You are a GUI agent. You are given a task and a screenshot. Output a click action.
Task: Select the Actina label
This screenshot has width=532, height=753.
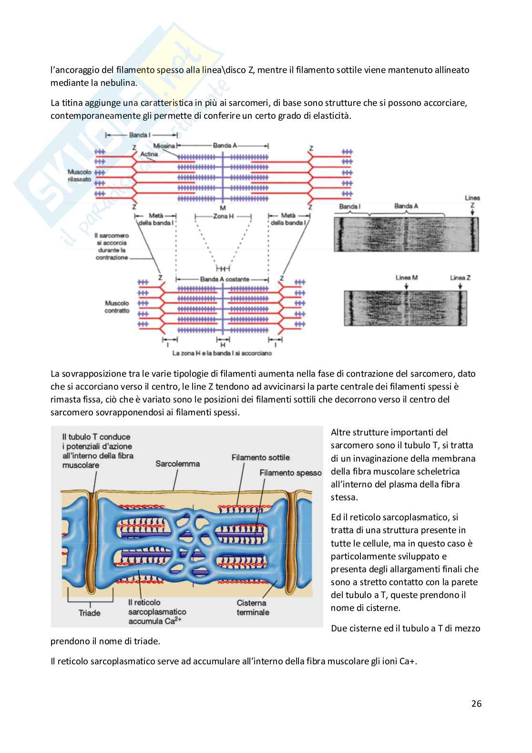tap(150, 154)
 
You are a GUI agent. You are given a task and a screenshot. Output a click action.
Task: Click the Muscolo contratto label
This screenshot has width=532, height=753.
tap(117, 307)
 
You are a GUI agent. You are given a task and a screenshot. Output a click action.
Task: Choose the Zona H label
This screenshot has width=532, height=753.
tap(223, 216)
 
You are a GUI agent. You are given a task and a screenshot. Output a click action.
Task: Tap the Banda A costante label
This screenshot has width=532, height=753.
tap(224, 279)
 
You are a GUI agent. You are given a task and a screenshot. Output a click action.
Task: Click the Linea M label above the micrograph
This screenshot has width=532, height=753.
tap(406, 278)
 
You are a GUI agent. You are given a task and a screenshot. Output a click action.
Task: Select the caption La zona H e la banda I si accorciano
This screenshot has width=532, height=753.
tap(222, 354)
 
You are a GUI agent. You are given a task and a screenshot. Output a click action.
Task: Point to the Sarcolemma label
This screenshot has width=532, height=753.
tap(178, 464)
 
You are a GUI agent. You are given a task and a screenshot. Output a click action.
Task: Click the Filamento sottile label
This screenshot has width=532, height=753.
tap(261, 457)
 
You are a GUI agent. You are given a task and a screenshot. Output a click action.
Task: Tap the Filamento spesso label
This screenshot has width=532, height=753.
tap(291, 473)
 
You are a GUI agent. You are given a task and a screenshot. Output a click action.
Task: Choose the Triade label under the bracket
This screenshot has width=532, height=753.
tap(89, 613)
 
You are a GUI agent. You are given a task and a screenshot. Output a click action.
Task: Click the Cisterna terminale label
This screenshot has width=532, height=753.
tap(253, 607)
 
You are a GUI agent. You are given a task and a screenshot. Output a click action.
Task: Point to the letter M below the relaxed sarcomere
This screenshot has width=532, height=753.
tap(223, 208)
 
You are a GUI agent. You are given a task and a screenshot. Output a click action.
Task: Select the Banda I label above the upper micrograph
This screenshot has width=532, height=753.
tap(350, 206)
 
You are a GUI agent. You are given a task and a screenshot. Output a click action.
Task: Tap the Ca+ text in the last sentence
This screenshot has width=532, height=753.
tap(408, 661)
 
